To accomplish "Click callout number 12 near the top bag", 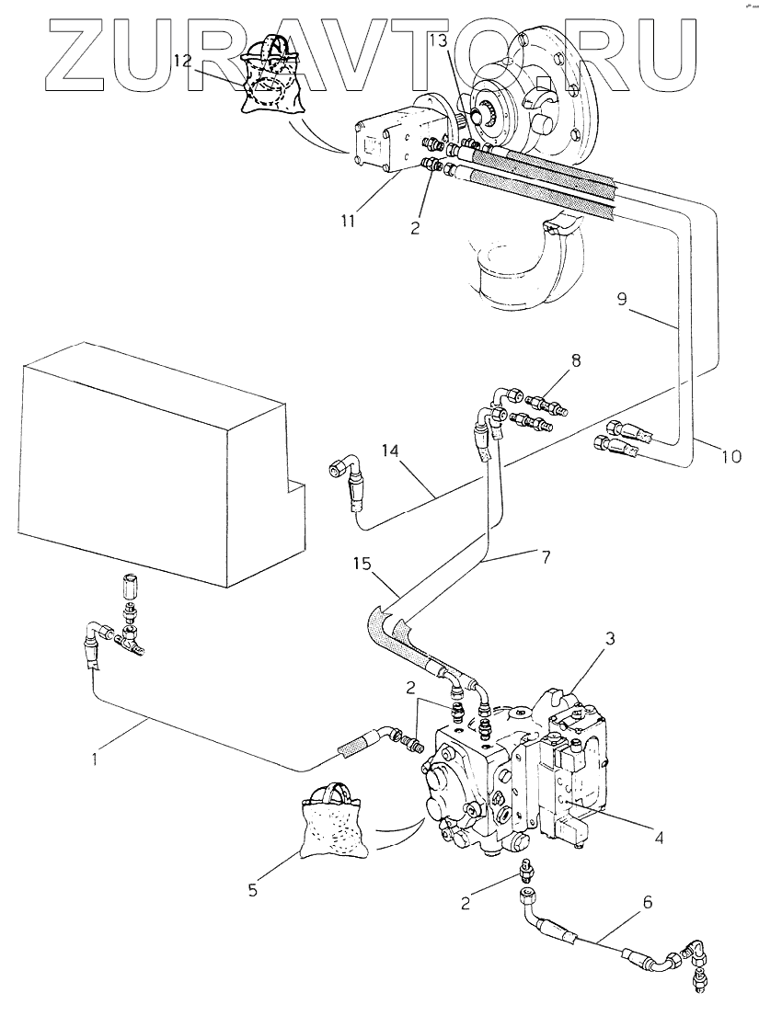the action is [183, 62].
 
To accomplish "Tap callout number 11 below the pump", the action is [348, 221].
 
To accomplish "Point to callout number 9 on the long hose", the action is [622, 301].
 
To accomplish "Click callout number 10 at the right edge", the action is [730, 457].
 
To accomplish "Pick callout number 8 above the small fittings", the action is [576, 360].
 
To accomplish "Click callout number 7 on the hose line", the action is [546, 557].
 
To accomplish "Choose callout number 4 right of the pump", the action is [659, 838].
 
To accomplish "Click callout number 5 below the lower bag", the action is [253, 890].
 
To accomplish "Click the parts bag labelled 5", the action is [332, 822].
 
